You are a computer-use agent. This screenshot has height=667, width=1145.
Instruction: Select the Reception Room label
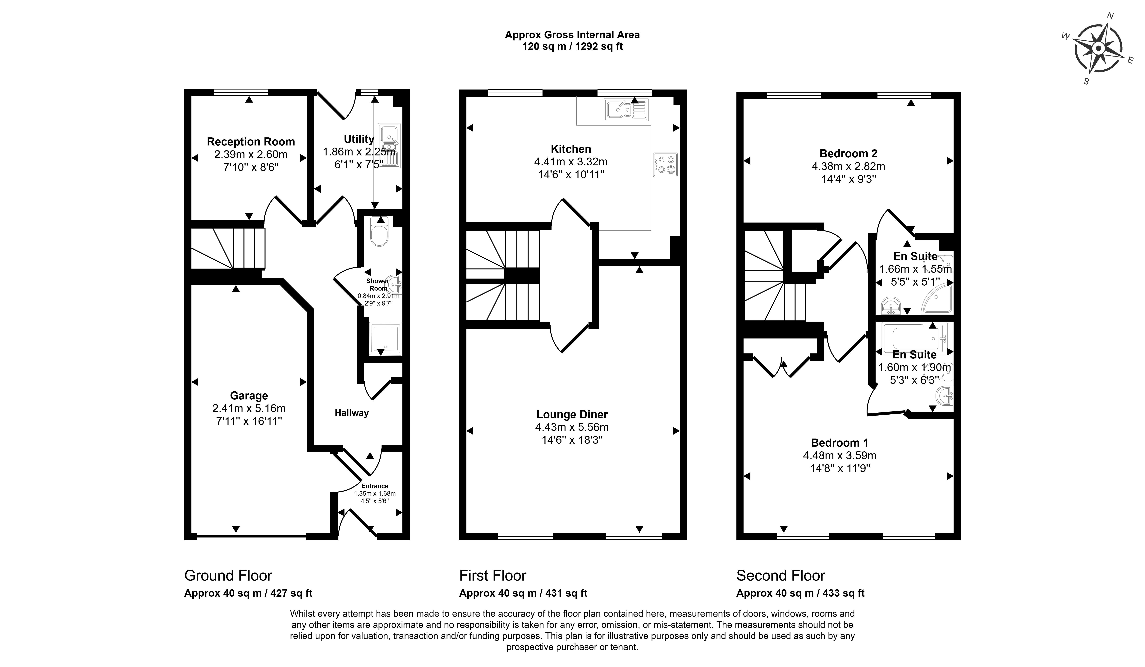(x=251, y=142)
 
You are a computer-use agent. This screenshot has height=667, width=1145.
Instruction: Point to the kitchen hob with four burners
(x=665, y=164)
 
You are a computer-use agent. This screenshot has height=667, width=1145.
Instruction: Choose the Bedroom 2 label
(x=848, y=154)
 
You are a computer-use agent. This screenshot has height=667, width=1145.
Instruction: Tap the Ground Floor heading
(x=228, y=576)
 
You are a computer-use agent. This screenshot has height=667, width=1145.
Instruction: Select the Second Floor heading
(x=781, y=576)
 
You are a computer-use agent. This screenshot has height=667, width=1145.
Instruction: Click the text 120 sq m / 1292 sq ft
(x=573, y=46)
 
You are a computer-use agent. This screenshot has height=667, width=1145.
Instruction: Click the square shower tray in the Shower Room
(x=386, y=338)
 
